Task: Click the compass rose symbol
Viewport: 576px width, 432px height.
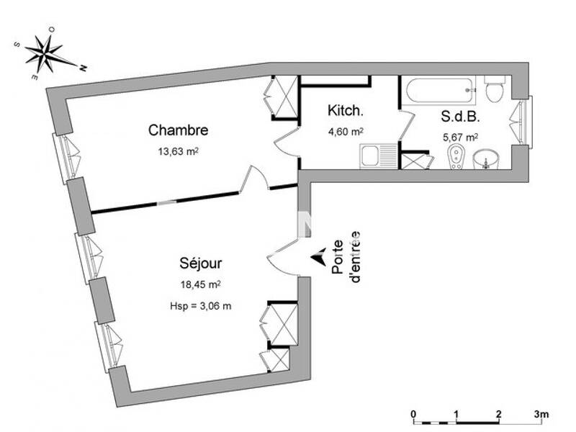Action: (x=47, y=52)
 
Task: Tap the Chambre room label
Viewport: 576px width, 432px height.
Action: (x=179, y=130)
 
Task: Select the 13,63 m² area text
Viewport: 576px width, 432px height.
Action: (x=179, y=152)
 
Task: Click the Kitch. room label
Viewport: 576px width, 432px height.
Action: (x=346, y=111)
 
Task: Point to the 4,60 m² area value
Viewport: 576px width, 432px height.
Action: (x=346, y=132)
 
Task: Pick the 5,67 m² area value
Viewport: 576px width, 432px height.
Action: (x=461, y=136)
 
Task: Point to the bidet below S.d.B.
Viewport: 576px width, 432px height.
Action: (x=456, y=158)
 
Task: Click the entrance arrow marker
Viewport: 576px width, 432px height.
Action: (x=316, y=256)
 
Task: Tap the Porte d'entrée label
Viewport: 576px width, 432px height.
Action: (x=345, y=256)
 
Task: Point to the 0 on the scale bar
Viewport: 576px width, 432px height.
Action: (x=413, y=414)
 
